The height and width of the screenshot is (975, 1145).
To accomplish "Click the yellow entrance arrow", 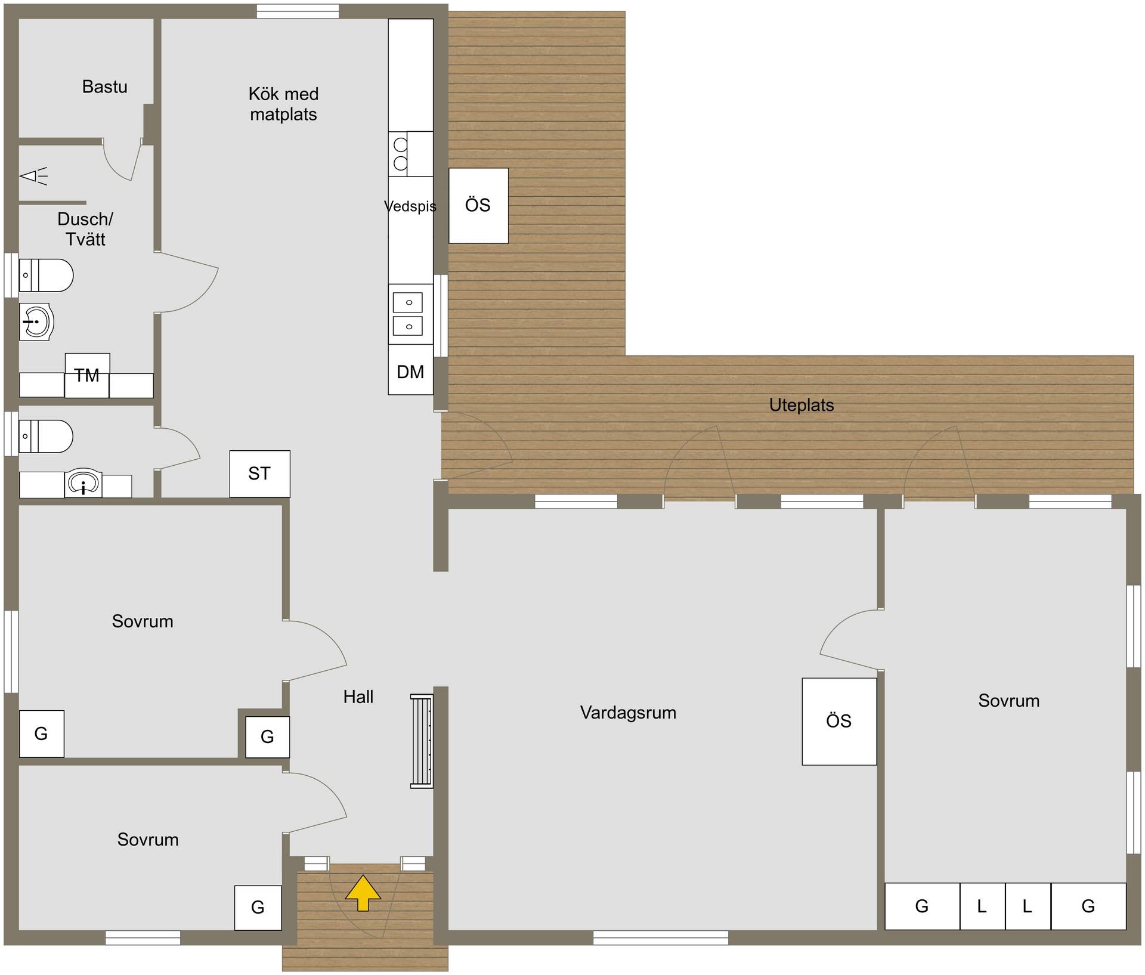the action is [363, 892].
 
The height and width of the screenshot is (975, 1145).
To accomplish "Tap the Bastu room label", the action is [105, 87].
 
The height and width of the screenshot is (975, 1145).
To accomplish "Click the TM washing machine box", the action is [87, 375].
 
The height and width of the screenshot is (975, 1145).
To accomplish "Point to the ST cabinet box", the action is [260, 473].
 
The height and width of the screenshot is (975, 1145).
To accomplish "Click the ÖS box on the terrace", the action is [478, 205].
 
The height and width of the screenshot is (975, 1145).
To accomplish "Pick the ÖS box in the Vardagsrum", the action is [839, 721].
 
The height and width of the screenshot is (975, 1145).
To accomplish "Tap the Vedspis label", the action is [410, 206].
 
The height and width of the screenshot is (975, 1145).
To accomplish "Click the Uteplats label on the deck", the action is [801, 405].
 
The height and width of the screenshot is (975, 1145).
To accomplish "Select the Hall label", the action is [358, 697].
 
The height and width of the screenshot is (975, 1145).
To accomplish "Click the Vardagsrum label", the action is [628, 713].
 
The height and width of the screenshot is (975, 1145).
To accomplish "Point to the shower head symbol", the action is [33, 176].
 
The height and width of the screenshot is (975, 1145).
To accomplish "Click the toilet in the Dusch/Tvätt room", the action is [46, 275].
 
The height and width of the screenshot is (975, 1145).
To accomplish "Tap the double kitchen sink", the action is [409, 314].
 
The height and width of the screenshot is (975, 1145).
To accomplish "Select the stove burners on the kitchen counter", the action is [400, 154].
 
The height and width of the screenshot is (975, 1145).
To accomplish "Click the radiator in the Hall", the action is [422, 741].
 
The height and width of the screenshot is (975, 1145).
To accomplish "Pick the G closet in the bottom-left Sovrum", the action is [258, 908].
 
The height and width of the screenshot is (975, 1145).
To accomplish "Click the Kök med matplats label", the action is [284, 104].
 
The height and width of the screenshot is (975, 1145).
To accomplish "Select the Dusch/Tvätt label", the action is [85, 229].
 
